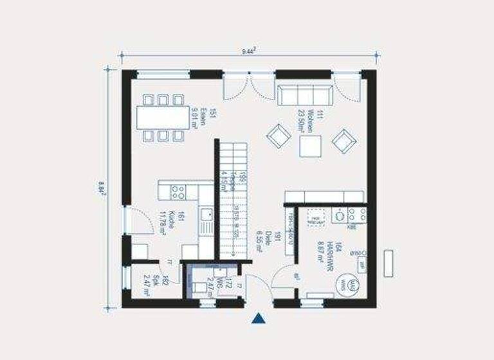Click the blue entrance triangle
[x=259, y=318]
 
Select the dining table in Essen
[x=161, y=117]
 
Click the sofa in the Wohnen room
[x=304, y=94]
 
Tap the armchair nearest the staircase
[x=279, y=136]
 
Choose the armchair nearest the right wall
[x=343, y=139]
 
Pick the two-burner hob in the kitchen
[x=178, y=191]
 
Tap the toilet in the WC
[x=200, y=287]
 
